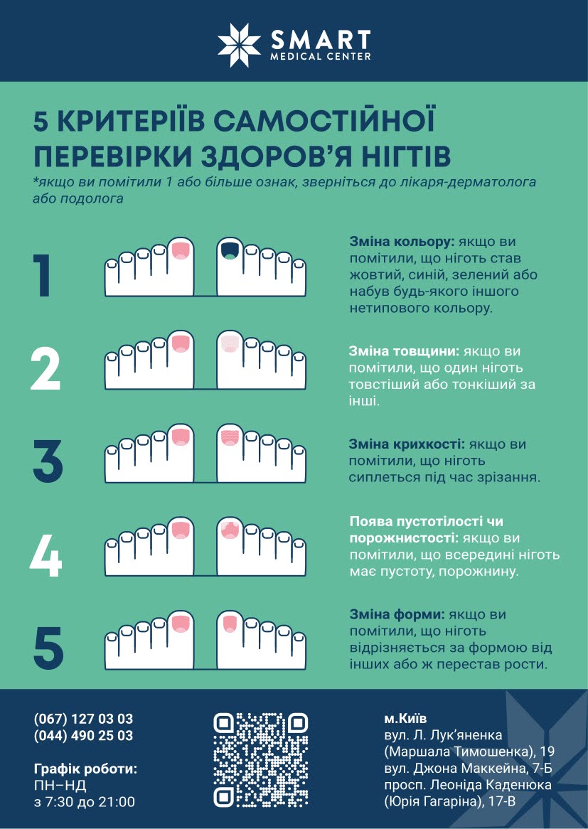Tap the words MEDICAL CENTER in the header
click(x=319, y=55)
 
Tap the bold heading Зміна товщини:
click(x=403, y=352)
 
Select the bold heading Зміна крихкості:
click(x=406, y=444)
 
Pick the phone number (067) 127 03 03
click(x=83, y=719)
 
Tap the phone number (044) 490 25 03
click(x=83, y=736)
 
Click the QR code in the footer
click(x=261, y=760)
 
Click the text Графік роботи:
click(x=85, y=769)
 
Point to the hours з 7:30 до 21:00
click(x=84, y=802)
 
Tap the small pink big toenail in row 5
click(x=229, y=625)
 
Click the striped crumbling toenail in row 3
click(x=229, y=437)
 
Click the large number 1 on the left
click(x=43, y=275)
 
